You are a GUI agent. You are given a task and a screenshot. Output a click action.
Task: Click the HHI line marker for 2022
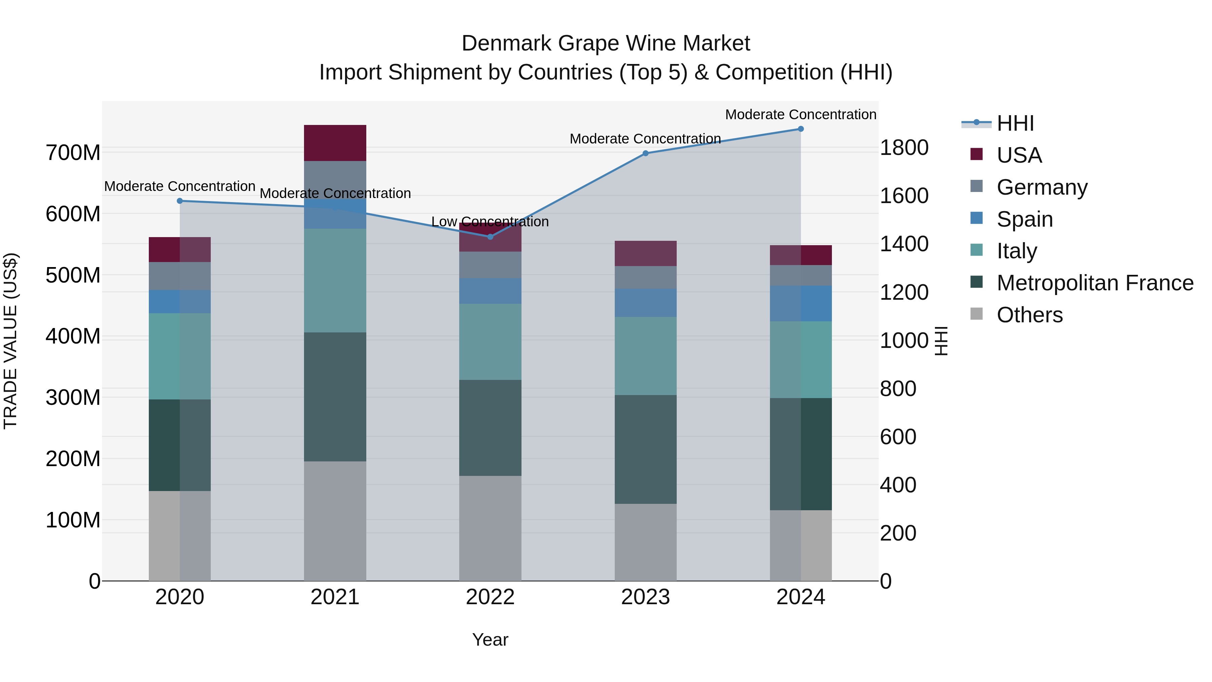[x=490, y=237]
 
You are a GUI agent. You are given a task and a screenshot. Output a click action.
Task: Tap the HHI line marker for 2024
[x=801, y=129]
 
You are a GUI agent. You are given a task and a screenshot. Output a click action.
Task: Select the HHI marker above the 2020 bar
[x=180, y=201]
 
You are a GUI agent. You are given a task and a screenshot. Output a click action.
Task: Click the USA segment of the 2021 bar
[x=335, y=143]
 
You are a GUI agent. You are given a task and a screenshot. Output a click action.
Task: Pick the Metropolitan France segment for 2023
[x=645, y=450]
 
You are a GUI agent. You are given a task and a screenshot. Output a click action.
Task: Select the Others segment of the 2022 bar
[x=490, y=528]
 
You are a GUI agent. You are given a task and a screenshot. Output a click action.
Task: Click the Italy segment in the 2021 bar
[x=335, y=281]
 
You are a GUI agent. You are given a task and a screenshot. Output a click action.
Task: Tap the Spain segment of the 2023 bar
[x=645, y=303]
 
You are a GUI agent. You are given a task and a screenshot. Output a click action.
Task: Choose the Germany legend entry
[x=1042, y=187]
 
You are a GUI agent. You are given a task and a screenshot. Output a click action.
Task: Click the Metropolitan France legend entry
[x=1095, y=283]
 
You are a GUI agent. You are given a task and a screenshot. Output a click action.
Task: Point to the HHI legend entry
[x=1015, y=123]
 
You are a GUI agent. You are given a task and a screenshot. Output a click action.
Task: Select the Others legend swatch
[x=977, y=314]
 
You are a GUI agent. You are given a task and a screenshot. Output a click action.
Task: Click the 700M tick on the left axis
[x=73, y=153]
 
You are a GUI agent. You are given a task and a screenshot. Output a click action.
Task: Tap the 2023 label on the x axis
[x=645, y=597]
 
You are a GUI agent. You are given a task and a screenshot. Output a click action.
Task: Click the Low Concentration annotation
[x=490, y=222]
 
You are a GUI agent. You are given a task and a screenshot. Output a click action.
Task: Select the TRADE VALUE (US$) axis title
[x=11, y=341]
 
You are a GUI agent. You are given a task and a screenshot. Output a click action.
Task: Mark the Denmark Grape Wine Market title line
[x=606, y=43]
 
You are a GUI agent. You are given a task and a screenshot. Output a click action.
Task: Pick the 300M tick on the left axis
[x=73, y=398]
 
